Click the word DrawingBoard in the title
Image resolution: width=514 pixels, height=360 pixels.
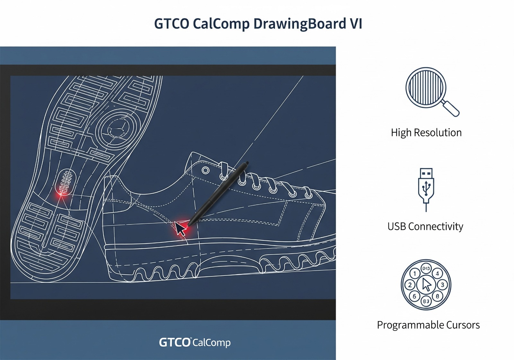coord(300,24)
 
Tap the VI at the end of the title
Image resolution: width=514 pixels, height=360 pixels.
coord(356,24)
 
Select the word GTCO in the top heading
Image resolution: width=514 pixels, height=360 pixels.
coord(171,24)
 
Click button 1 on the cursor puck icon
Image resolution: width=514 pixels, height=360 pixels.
coord(414,274)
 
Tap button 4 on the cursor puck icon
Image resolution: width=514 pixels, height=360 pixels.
coord(437,274)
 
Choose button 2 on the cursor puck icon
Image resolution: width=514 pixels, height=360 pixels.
coord(410,285)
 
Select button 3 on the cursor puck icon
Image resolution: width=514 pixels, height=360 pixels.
coord(442,285)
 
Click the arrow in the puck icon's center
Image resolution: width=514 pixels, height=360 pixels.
coord(426,285)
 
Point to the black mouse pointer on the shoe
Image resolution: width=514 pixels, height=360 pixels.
coord(180,229)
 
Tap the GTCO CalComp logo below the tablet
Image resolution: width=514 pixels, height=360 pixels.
coord(195,342)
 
